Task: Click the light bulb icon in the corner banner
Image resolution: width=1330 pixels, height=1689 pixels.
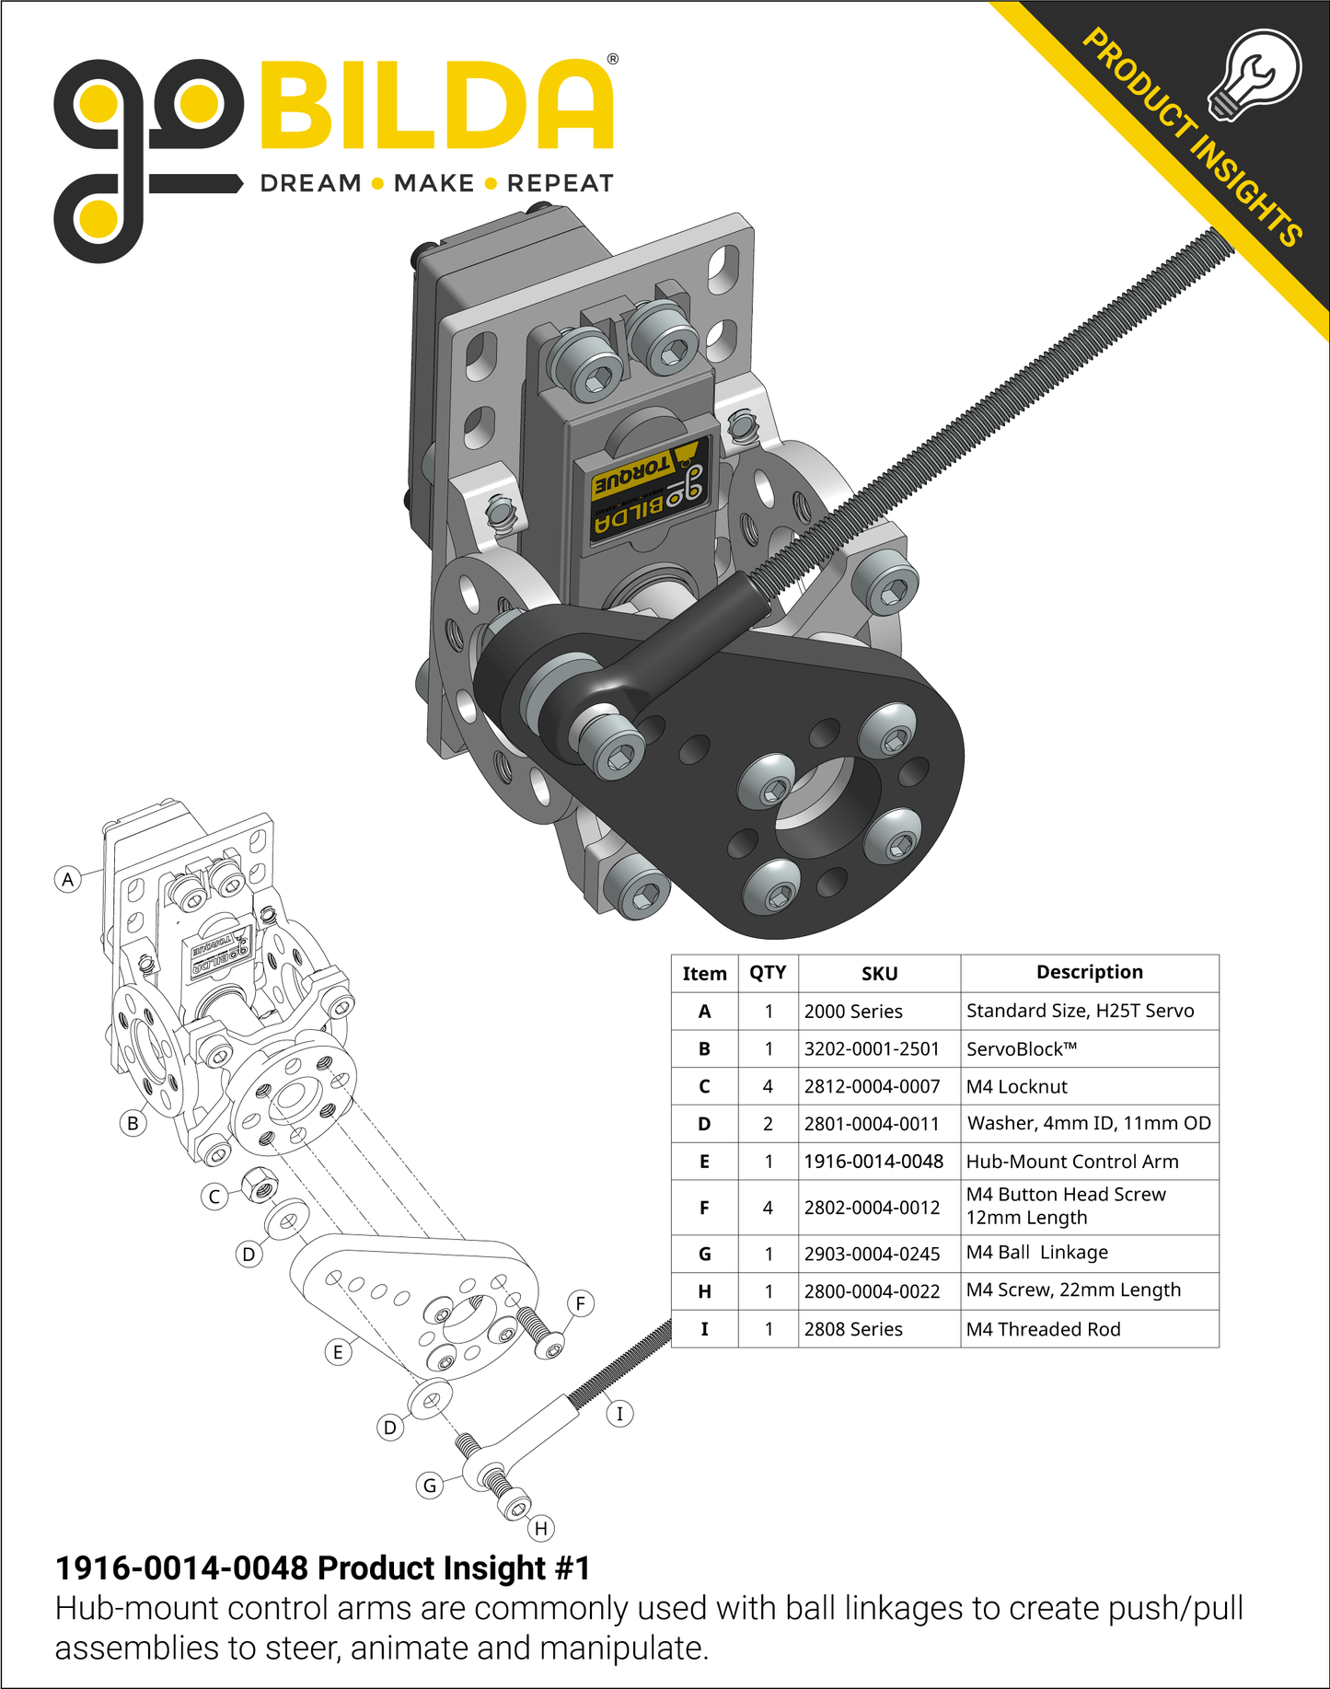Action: point(1255,74)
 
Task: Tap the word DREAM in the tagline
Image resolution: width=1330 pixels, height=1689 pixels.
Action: point(311,183)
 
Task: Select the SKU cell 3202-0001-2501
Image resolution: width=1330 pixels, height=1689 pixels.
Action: point(872,1048)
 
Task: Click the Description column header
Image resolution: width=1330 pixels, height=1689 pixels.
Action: point(1090,972)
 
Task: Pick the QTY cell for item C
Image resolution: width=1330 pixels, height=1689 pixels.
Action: point(768,1086)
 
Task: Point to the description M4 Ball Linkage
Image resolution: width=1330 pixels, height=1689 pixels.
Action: point(1037,1253)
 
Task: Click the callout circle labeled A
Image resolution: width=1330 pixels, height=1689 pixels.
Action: point(67,879)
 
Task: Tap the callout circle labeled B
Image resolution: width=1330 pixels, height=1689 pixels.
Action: point(133,1123)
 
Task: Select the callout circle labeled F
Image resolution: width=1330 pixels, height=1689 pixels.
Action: point(580,1303)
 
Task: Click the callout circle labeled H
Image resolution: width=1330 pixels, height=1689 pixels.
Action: point(541,1529)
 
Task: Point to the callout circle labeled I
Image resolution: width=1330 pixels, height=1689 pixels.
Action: point(619,1414)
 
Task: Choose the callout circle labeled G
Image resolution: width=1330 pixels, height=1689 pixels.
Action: point(430,1485)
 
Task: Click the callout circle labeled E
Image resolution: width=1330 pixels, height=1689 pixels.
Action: point(338,1352)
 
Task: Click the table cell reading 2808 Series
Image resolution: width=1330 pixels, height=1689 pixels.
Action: point(853,1329)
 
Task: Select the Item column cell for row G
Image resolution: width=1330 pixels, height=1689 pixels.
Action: point(704,1254)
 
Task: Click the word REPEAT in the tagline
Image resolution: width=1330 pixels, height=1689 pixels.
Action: point(560,183)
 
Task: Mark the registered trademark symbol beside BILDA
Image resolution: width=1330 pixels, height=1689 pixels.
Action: point(613,59)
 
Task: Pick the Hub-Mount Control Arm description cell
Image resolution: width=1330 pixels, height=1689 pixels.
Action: point(1072,1162)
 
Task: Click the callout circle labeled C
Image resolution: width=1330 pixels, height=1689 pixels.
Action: point(214,1197)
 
